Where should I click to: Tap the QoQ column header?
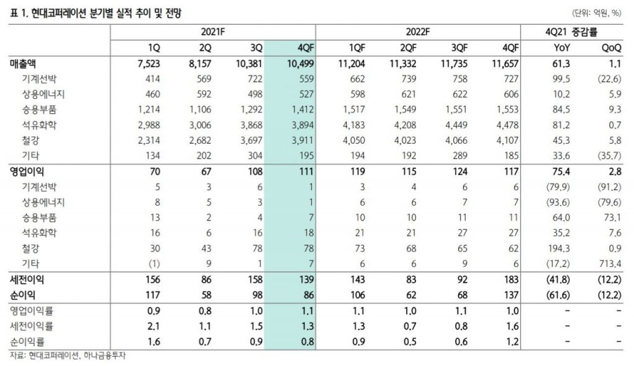tap(610, 48)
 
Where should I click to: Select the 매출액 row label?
tap(24, 64)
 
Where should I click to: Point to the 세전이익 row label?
tap(28, 279)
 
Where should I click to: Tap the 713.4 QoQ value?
tap(609, 264)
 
